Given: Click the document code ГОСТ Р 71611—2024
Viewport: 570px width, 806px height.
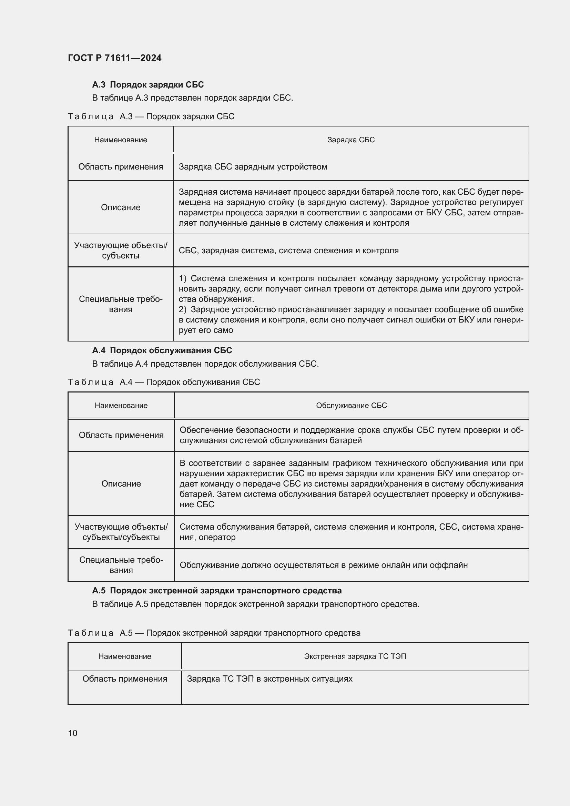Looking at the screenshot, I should point(114,58).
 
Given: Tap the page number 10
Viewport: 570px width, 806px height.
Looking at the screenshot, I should point(73,733).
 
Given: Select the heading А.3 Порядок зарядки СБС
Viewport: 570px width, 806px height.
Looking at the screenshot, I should point(148,85).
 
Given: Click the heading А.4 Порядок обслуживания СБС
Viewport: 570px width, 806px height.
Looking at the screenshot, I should point(162,350).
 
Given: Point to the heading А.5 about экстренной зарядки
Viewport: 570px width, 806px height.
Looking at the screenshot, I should point(216,591).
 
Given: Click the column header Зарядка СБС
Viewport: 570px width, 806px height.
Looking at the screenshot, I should point(350,140).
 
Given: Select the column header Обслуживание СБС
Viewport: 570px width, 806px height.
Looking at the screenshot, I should point(351,406).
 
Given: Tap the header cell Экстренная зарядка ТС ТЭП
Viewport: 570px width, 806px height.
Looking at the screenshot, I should point(355,656).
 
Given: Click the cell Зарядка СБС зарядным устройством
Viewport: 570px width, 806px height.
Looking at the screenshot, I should point(253,167).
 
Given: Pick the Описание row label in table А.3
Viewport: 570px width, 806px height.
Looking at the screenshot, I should point(120,207).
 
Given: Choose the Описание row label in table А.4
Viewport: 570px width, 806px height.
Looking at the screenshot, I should point(121,484).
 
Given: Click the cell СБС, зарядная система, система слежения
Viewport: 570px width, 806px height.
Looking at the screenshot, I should point(288,251).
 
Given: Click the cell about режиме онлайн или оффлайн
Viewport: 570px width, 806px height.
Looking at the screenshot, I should point(323,565).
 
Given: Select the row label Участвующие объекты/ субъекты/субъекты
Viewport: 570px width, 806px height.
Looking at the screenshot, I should point(121,532).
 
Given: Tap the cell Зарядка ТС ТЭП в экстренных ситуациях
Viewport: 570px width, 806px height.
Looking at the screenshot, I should point(269,679).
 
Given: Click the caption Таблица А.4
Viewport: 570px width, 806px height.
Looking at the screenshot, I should point(164,382).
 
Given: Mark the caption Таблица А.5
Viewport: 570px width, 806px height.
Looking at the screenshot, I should point(214,633).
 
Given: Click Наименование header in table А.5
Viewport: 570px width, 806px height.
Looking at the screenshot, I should point(125,656).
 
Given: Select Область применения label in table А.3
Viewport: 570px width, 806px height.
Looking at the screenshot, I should point(120,167).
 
